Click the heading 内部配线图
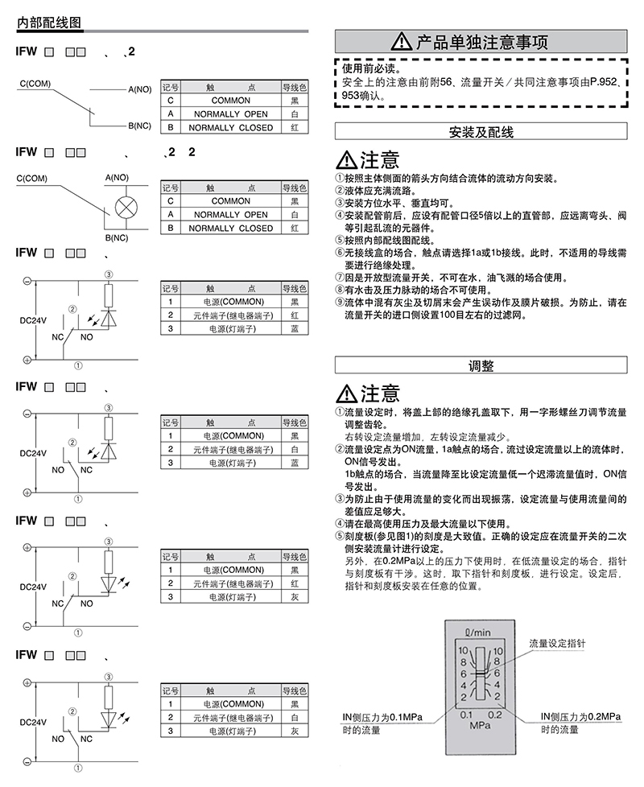pyautogui.click(x=48, y=23)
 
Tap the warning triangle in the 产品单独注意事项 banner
pyautogui.click(x=401, y=41)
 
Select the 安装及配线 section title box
pyautogui.click(x=481, y=132)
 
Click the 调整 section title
pyautogui.click(x=481, y=365)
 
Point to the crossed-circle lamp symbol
pyautogui.click(x=126, y=208)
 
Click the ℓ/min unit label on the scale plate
pyautogui.click(x=477, y=632)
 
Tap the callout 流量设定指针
pyautogui.click(x=557, y=644)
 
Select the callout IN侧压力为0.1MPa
pyautogui.click(x=382, y=717)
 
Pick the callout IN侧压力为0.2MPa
pyautogui.click(x=580, y=717)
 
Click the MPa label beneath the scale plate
pyautogui.click(x=480, y=725)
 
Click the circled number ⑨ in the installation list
pyautogui.click(x=340, y=302)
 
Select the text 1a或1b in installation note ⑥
pyautogui.click(x=487, y=253)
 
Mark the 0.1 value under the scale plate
pyautogui.click(x=466, y=715)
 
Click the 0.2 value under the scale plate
pyautogui.click(x=495, y=715)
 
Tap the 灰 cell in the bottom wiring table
pyautogui.click(x=295, y=731)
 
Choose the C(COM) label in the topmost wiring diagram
pyautogui.click(x=35, y=84)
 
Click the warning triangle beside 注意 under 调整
pyautogui.click(x=346, y=393)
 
